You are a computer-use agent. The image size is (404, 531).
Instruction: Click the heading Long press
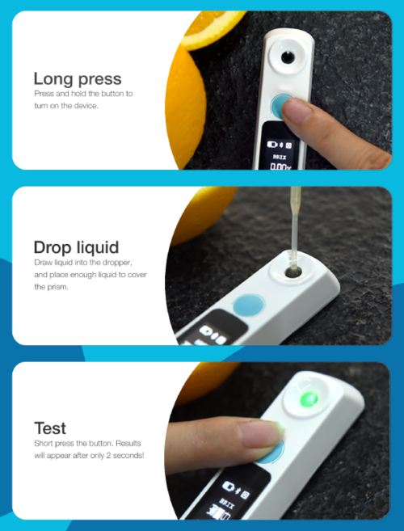point(78,79)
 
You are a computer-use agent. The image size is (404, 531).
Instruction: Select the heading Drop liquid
point(76,247)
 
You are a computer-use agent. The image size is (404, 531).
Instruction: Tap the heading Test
point(50,428)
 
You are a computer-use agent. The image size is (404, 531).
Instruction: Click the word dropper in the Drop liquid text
point(117,263)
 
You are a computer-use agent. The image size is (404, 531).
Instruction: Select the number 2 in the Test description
point(108,456)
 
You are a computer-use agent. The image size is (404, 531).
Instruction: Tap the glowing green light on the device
point(309,399)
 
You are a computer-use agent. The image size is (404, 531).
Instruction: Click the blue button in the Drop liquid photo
point(248,306)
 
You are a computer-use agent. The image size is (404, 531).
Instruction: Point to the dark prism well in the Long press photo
point(288,57)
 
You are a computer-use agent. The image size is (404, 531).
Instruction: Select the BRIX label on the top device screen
point(280,157)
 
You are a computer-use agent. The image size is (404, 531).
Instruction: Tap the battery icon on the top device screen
point(272,145)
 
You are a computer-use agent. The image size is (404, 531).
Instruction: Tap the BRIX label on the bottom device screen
point(227,504)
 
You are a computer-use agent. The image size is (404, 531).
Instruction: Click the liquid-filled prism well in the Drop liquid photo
point(293,272)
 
